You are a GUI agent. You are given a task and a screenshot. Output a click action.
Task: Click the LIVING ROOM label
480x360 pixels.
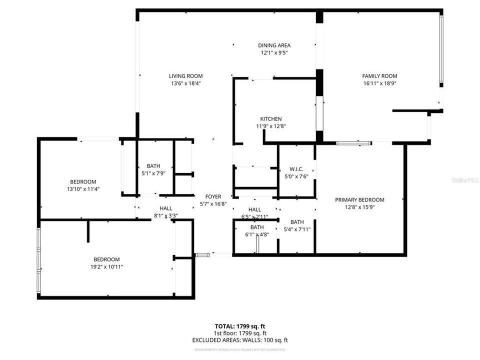coord(185,76)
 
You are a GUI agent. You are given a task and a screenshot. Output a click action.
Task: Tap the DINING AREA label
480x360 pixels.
coord(274,45)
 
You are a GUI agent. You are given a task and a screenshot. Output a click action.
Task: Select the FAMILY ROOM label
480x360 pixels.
coord(379,76)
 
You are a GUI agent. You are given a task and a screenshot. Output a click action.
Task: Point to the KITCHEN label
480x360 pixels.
coord(270,119)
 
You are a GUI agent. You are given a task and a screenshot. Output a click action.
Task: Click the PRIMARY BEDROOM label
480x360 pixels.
coord(359,200)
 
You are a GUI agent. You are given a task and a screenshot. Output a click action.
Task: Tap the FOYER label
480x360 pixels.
coord(210,197)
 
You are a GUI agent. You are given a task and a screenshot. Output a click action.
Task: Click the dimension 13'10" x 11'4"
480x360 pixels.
coord(83,189)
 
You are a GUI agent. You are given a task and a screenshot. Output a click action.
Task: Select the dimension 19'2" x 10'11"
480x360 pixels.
coord(106,267)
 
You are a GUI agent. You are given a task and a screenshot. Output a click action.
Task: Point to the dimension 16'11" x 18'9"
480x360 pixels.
coord(379,83)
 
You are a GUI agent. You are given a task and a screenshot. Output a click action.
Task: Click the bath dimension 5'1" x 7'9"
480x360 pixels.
coord(153,173)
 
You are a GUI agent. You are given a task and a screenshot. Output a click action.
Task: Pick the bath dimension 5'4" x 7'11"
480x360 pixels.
coord(297,229)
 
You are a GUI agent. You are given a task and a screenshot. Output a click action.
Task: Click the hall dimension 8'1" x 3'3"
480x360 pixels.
coord(166,216)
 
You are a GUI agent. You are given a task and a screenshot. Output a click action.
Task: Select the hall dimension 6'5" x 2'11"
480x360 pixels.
coord(254,217)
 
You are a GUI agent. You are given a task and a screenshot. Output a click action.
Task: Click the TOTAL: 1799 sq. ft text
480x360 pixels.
coord(240,325)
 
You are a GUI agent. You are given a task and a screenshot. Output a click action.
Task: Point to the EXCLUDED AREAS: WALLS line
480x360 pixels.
coord(240,340)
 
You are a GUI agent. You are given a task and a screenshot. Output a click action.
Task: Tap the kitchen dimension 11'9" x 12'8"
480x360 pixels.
coord(270,126)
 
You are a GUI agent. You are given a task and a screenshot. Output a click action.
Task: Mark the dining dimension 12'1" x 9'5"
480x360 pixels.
coord(274,52)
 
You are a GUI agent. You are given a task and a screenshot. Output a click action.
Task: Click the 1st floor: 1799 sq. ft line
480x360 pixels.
coord(240,333)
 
